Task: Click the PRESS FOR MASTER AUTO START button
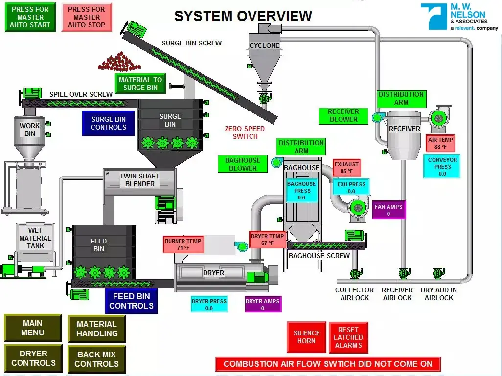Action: (x=30, y=17)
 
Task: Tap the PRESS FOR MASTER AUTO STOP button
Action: (x=87, y=17)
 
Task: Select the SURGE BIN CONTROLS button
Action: (x=109, y=123)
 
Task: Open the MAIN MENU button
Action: (x=33, y=328)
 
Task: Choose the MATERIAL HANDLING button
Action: (x=97, y=329)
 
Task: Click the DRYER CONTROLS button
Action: (x=33, y=358)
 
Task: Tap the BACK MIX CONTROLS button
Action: (x=97, y=359)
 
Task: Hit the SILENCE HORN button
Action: (x=306, y=337)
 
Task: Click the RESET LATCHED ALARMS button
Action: (x=348, y=337)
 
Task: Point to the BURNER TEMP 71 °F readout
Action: (x=183, y=244)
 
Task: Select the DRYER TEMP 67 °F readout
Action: (x=268, y=240)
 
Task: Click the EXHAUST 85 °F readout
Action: (x=347, y=168)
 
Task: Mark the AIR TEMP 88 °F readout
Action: (x=440, y=143)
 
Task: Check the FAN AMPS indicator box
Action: (x=388, y=210)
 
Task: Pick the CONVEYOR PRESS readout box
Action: (x=442, y=167)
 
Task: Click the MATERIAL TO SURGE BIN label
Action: (x=140, y=84)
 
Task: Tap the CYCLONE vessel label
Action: (x=264, y=45)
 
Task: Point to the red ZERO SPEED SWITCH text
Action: (x=245, y=133)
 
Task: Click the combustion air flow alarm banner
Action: (x=328, y=364)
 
